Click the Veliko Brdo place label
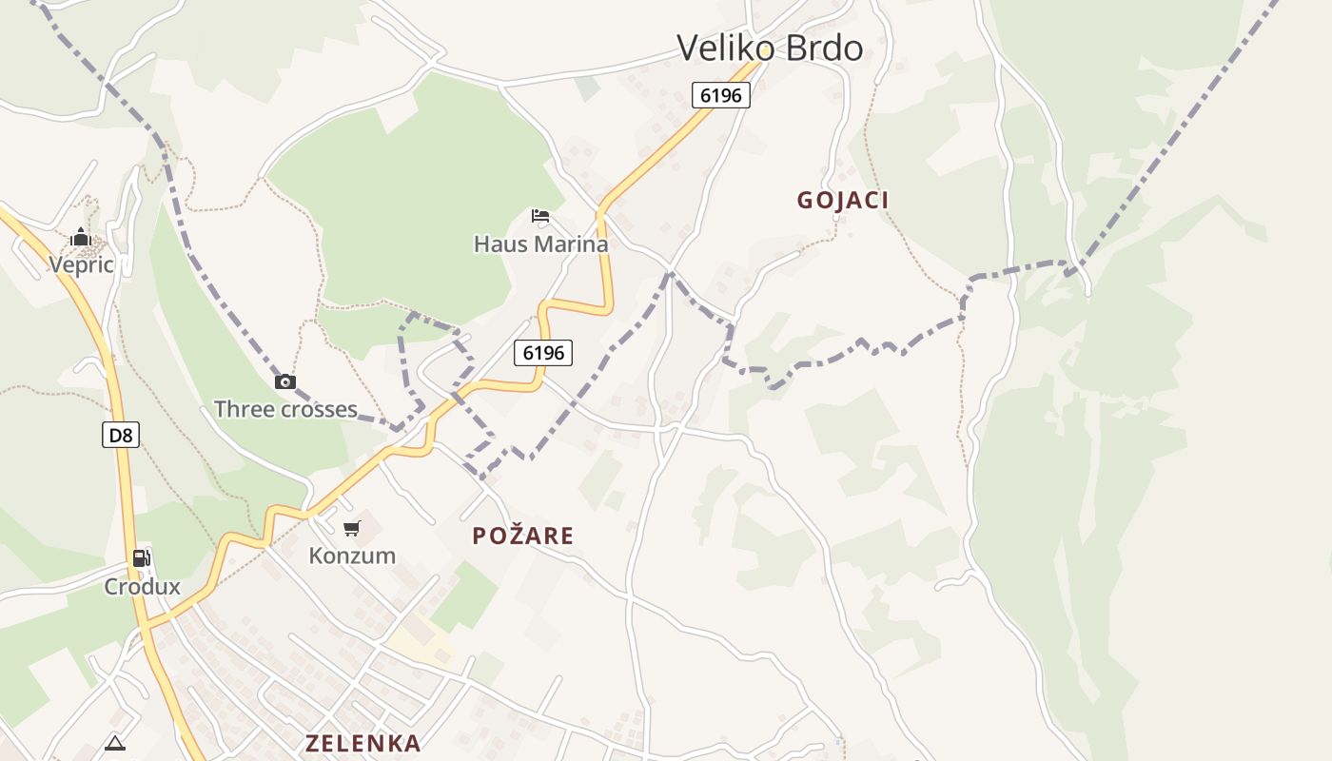pos(770,48)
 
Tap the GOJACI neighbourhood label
pos(843,200)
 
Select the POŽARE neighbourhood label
pos(523,536)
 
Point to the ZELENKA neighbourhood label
pos(363,743)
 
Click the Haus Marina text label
pos(540,244)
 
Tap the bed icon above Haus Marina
pos(540,216)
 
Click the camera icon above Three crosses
pos(284,382)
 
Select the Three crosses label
pos(285,409)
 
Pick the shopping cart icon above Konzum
pos(352,528)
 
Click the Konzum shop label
pos(352,556)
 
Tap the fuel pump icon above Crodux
pos(141,558)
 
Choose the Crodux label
pos(142,586)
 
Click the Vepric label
pos(81,264)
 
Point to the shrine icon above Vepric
pos(81,237)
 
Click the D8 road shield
pos(121,436)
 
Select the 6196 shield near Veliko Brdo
pos(721,94)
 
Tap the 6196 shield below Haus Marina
pos(543,353)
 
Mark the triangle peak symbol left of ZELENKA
pos(115,743)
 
